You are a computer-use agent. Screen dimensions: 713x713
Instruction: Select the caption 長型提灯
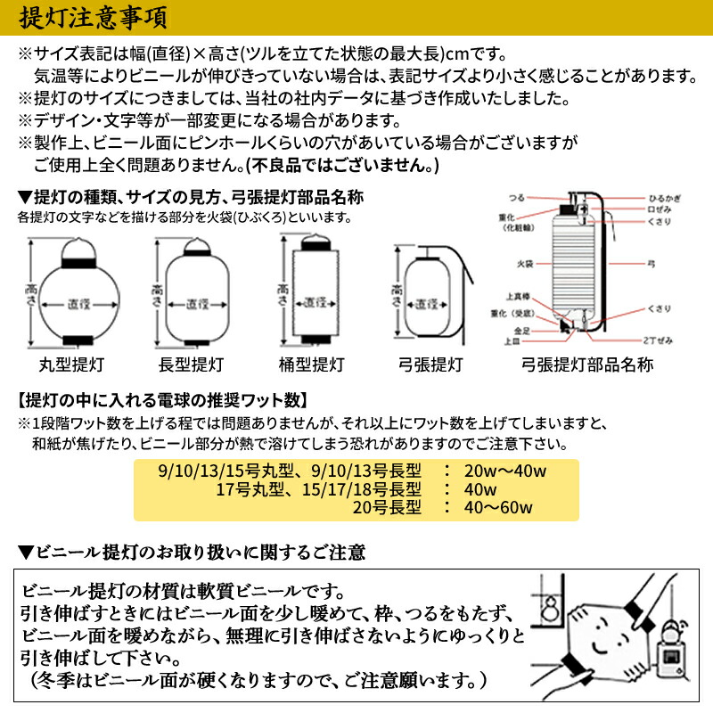[191, 365]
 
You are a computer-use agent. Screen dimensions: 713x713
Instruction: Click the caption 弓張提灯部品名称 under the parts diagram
[588, 365]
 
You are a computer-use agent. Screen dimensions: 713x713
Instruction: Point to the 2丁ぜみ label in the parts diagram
[658, 340]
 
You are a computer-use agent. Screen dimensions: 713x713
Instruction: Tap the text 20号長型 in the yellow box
[386, 508]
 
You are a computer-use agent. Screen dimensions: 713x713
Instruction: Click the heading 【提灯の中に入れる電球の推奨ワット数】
[163, 398]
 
